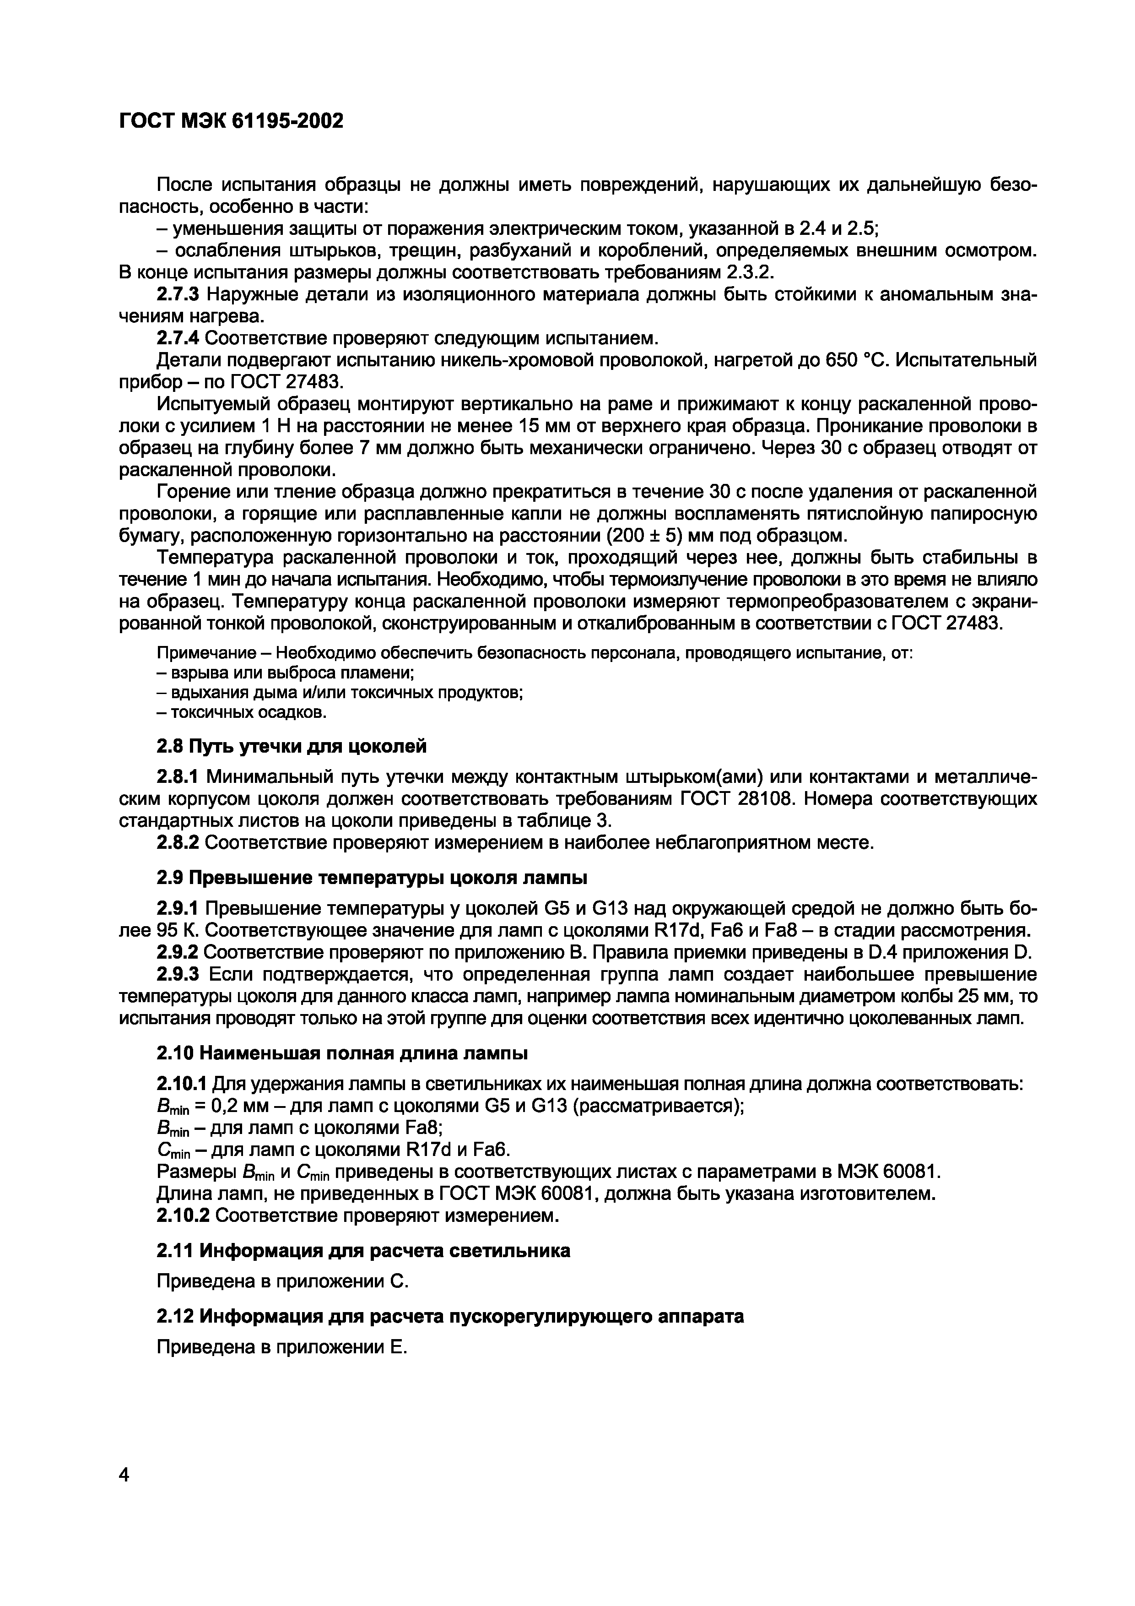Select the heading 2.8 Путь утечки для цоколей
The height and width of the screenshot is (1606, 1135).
pyautogui.click(x=291, y=746)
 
